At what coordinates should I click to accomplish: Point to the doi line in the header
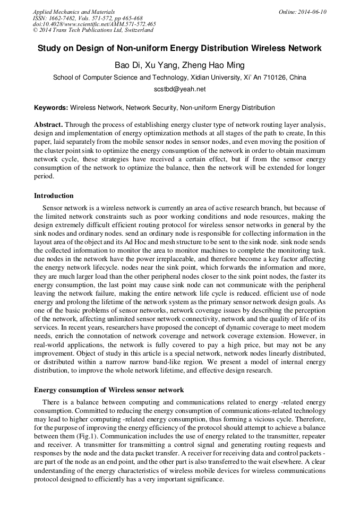click(94, 24)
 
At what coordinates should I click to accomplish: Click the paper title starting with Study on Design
click(179, 48)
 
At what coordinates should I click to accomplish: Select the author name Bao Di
click(126, 65)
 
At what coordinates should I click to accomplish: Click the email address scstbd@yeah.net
click(179, 89)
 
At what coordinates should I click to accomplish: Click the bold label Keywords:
click(51, 108)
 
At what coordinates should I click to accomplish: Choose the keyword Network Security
click(151, 108)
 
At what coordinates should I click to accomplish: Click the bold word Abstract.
click(48, 123)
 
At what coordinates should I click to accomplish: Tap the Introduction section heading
click(54, 196)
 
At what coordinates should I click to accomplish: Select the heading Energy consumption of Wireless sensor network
click(109, 390)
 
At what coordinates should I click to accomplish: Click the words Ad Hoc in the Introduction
click(143, 240)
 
